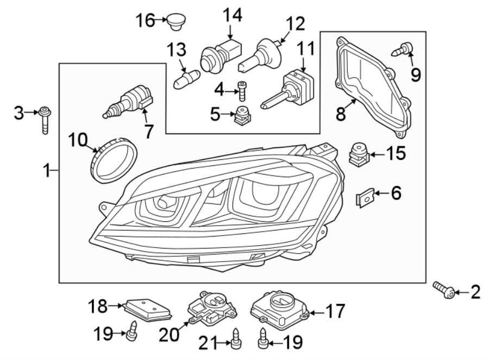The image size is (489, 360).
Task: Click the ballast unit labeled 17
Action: (x=280, y=308)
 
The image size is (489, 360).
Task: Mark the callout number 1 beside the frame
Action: (x=47, y=171)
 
